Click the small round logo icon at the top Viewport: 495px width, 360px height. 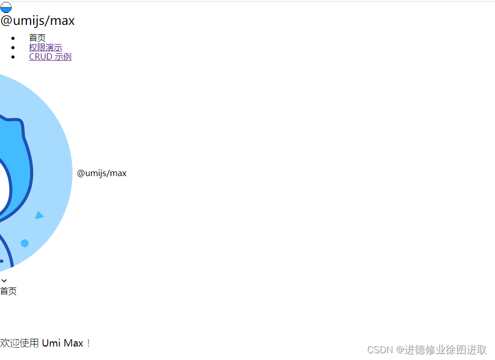6,7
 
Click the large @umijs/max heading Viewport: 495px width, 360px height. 37,21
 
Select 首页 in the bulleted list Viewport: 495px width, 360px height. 37,38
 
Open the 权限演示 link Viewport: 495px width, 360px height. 46,47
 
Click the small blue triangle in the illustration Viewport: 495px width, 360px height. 39,215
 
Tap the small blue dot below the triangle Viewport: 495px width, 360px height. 24,243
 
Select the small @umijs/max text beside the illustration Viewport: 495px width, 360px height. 101,173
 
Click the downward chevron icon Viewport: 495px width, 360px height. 4,281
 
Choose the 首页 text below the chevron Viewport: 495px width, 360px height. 8,291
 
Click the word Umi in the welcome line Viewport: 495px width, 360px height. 51,343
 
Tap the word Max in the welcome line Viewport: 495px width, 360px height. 73,343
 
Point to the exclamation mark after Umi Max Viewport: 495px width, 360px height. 88,343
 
